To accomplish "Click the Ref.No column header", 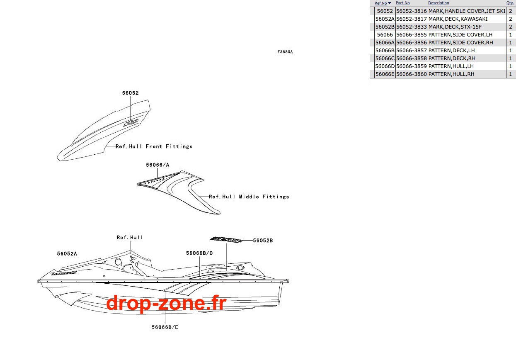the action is click(381, 3).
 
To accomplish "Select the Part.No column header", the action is click(403, 3).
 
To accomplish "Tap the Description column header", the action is click(438, 3).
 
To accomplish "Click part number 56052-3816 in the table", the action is click(412, 11).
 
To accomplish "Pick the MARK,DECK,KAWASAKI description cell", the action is click(458, 19).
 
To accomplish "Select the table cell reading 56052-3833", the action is click(412, 27).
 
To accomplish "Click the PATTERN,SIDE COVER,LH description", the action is click(460, 34).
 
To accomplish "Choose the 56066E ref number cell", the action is click(385, 74).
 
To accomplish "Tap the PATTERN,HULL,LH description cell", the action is click(451, 66).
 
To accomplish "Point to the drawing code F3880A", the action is click(285, 52).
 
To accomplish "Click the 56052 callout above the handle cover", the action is click(131, 93).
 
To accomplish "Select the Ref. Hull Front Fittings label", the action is click(154, 146).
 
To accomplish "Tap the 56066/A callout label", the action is click(157, 165).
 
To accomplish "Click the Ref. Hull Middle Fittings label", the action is click(249, 197).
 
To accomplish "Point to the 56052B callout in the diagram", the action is click(263, 241).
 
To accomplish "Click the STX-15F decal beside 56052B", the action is click(226, 239).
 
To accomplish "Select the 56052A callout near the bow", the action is click(67, 253).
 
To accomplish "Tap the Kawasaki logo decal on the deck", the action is click(64, 273).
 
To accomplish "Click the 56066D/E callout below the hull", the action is click(165, 327).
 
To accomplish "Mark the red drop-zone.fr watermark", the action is click(166, 303).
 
